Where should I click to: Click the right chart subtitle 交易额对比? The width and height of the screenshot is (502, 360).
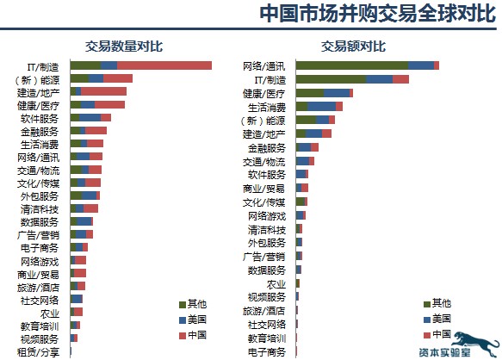click(x=354, y=46)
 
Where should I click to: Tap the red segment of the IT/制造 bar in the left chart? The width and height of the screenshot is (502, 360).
click(x=164, y=65)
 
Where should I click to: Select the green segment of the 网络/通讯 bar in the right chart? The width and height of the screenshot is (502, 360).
click(x=351, y=65)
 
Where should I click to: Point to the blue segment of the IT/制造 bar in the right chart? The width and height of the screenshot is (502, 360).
click(x=379, y=79)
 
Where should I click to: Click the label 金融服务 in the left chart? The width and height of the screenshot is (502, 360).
click(x=40, y=132)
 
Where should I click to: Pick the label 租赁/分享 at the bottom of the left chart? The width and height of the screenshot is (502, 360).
click(x=40, y=352)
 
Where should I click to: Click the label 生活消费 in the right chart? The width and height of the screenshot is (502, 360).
click(x=266, y=107)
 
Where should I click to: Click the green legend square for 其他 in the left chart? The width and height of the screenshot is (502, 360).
click(x=182, y=304)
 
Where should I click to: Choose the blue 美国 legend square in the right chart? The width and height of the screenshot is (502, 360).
click(x=426, y=319)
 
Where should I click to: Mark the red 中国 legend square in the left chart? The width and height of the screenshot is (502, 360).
click(x=182, y=334)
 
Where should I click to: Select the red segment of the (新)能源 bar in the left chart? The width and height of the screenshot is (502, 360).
click(x=118, y=78)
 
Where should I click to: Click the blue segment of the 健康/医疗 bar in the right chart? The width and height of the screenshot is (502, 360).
click(x=337, y=93)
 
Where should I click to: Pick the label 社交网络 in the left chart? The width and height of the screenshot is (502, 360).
click(x=40, y=299)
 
